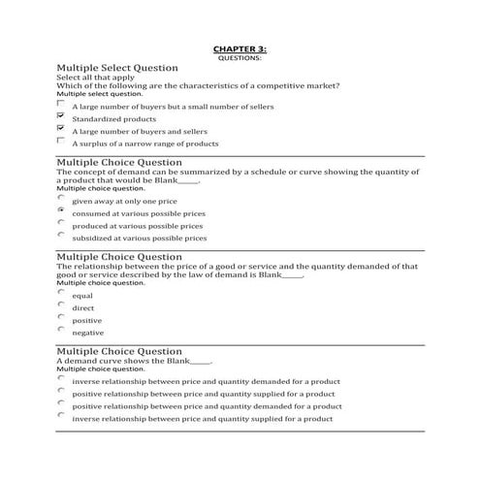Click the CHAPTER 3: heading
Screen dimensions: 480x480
(x=239, y=48)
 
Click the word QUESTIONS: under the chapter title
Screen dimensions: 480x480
(x=239, y=58)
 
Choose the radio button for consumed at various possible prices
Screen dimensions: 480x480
(x=61, y=209)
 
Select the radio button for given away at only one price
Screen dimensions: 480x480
(x=61, y=197)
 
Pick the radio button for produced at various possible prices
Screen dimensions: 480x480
(x=61, y=222)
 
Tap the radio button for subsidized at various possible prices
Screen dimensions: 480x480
(x=61, y=235)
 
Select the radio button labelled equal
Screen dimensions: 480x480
(x=61, y=292)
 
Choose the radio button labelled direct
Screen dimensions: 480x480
(x=61, y=304)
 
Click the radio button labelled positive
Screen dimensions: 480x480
(x=61, y=317)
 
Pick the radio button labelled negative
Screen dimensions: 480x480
(x=61, y=330)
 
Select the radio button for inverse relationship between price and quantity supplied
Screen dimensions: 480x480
(x=61, y=418)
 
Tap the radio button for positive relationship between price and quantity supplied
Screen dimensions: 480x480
(x=61, y=393)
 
